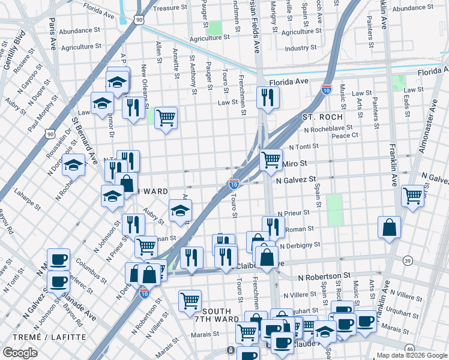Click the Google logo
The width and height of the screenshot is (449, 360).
20,353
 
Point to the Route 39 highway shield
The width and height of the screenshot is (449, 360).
408,260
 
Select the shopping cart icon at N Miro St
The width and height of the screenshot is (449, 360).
271,159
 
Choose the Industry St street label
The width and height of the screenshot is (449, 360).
301,48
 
